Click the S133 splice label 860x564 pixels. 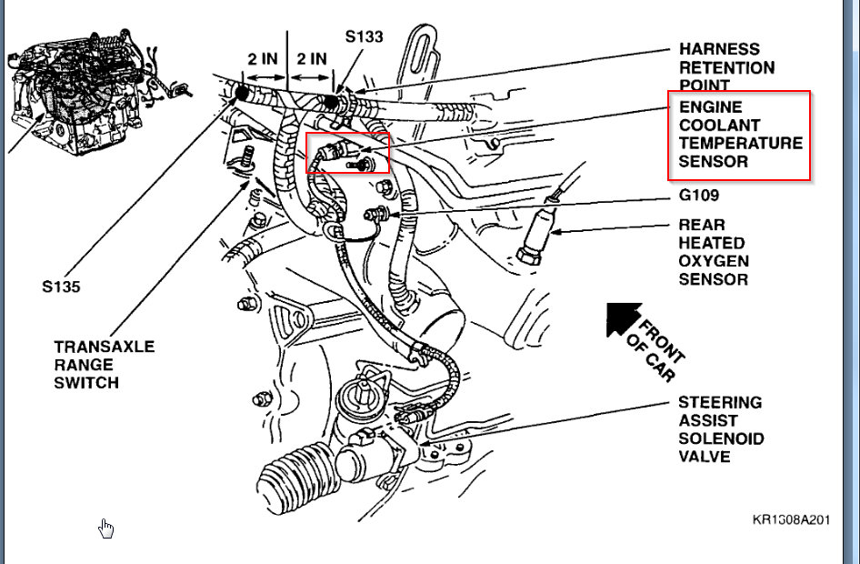[364, 37]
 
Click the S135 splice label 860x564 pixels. [60, 287]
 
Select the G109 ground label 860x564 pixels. [699, 196]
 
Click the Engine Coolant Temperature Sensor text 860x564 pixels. [740, 134]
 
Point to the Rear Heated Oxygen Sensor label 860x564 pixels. [714, 252]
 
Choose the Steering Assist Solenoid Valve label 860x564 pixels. [721, 429]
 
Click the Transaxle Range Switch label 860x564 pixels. [104, 365]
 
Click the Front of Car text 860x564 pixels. [656, 344]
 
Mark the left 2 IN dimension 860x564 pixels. [261, 59]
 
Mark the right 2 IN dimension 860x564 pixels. [311, 59]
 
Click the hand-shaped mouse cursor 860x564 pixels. [107, 529]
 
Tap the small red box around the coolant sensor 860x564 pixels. [347, 152]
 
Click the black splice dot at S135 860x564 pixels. [243, 93]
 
